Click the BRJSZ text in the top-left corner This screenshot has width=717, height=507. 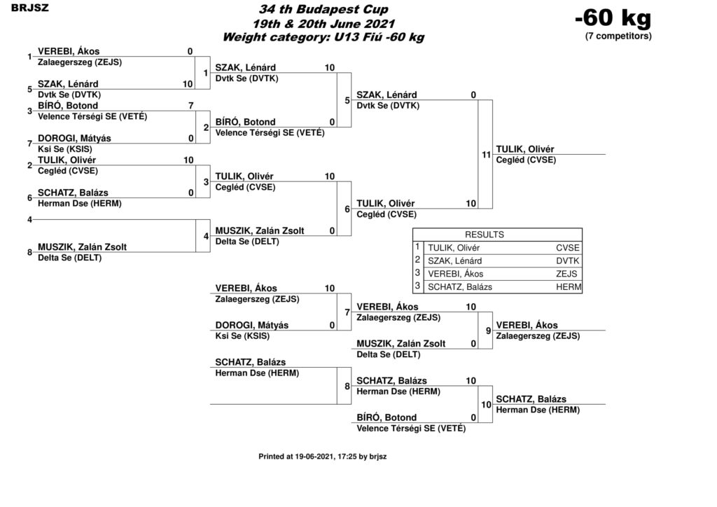(29, 8)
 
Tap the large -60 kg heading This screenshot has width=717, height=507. (613, 18)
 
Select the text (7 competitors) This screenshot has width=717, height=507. (618, 36)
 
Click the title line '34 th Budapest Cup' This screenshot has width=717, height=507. (323, 9)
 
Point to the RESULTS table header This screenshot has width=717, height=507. (485, 235)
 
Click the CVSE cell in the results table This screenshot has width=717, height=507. (567, 248)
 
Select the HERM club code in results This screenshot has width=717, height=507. (569, 287)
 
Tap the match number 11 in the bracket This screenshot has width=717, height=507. (486, 155)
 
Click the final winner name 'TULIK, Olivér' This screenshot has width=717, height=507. (525, 149)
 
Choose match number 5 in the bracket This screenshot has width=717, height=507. (347, 100)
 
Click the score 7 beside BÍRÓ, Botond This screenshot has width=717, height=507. (191, 106)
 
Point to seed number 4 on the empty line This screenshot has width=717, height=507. (29, 219)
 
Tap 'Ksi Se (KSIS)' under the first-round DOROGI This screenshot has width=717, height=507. (65, 149)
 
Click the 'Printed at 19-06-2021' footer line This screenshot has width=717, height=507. (322, 457)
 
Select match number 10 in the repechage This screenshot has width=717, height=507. (486, 405)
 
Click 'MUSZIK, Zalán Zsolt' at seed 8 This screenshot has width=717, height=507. (83, 247)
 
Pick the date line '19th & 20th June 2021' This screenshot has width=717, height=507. (323, 23)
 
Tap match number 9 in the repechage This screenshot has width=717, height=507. (488, 331)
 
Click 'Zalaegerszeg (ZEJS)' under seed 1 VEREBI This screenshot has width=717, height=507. (80, 62)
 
